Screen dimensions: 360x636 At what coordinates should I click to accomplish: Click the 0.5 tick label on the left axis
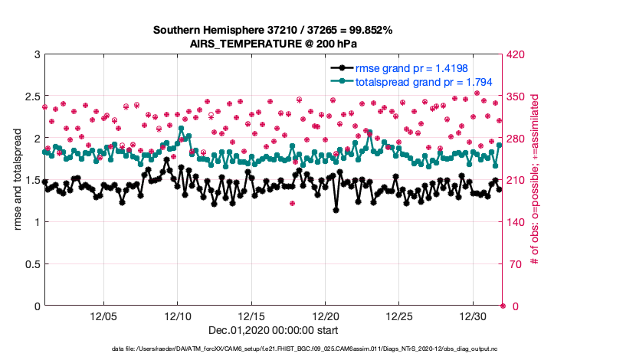click(30, 264)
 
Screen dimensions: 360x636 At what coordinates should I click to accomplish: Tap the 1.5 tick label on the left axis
click(30, 180)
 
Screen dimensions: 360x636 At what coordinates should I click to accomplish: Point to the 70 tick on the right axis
click(513, 264)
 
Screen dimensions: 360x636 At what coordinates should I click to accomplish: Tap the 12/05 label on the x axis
click(103, 316)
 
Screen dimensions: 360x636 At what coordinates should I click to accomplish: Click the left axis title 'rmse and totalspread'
click(17, 180)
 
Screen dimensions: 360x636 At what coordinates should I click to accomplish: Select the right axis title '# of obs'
click(535, 180)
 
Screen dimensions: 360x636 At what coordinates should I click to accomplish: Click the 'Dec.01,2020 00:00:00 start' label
click(273, 331)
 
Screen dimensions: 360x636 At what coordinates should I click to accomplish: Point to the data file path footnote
click(316, 348)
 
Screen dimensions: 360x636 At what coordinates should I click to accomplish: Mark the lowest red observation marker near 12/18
click(292, 203)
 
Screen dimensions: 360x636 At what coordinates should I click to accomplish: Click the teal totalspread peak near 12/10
click(181, 129)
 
